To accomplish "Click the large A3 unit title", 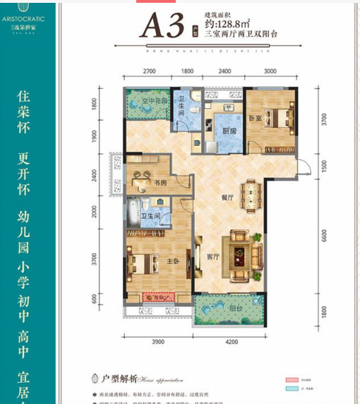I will [164, 26].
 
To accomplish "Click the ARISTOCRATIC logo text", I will [25, 12].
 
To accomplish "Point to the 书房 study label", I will [160, 182].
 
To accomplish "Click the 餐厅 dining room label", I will [226, 198].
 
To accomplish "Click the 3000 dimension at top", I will [270, 72].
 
